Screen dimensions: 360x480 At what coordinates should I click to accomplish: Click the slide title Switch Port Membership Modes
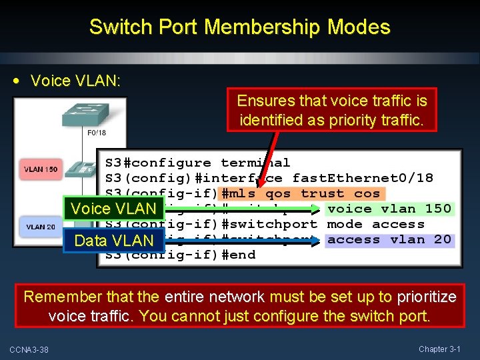pyautogui.click(x=239, y=27)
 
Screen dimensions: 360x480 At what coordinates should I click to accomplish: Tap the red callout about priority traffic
pyautogui.click(x=332, y=111)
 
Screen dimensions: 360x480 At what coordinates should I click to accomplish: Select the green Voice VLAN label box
pyautogui.click(x=113, y=209)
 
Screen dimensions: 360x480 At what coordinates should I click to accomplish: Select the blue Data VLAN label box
pyautogui.click(x=113, y=240)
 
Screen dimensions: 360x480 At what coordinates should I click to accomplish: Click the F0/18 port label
pyautogui.click(x=97, y=133)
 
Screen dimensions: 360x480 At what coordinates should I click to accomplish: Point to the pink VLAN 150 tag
pyautogui.click(x=41, y=169)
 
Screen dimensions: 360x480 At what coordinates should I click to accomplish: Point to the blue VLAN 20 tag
pyautogui.click(x=41, y=227)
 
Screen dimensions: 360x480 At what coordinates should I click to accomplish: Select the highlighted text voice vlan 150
pyautogui.click(x=389, y=209)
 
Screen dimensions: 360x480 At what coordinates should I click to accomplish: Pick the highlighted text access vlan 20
pyautogui.click(x=389, y=239)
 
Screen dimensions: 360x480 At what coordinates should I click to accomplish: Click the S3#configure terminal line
pyautogui.click(x=198, y=163)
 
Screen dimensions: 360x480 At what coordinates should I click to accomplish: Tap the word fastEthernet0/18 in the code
pyautogui.click(x=363, y=178)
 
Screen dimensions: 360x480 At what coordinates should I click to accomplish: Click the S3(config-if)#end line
pyautogui.click(x=180, y=255)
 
